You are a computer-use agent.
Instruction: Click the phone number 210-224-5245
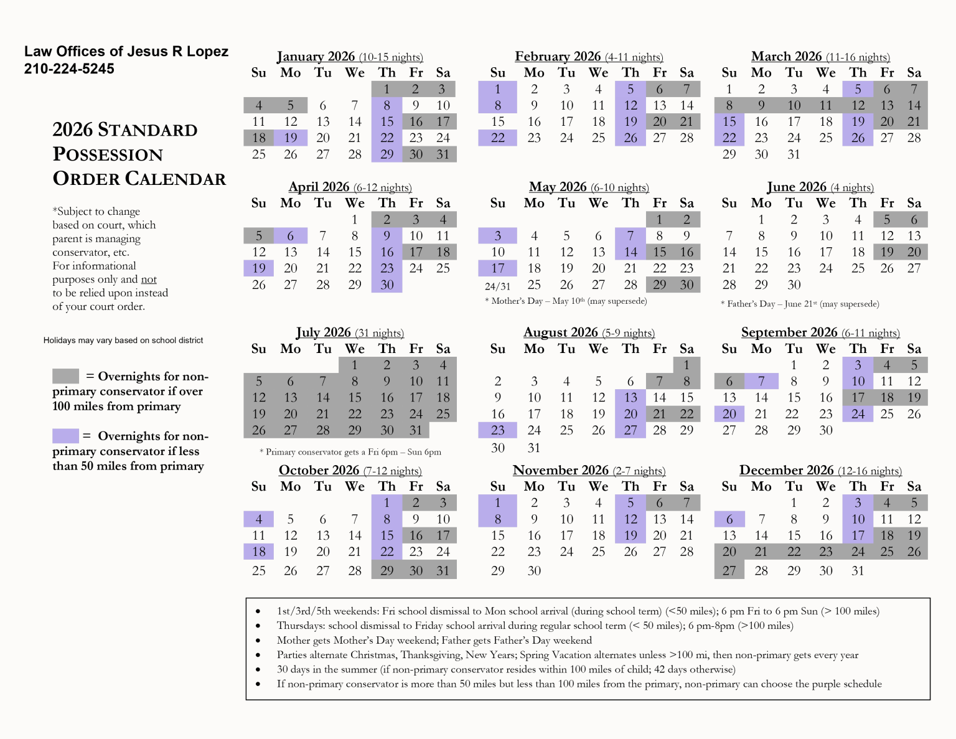[69, 69]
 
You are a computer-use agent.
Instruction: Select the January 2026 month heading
[350, 57]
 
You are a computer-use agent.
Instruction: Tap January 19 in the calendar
[291, 138]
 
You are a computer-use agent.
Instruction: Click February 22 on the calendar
[497, 138]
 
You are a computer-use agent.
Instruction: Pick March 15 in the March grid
[729, 121]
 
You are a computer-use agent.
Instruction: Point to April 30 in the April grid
[387, 285]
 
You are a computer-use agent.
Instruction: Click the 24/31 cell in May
[497, 286]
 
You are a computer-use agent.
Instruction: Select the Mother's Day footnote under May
[566, 301]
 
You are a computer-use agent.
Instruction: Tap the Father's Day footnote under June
[800, 304]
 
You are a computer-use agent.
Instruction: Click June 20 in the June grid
[914, 252]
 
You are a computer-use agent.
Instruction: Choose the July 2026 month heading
[350, 333]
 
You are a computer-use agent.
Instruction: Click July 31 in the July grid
[416, 430]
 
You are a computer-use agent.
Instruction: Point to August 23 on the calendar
[497, 430]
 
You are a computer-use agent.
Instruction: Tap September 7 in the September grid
[761, 381]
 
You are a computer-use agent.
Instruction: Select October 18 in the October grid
[259, 552]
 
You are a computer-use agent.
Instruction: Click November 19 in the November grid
[630, 535]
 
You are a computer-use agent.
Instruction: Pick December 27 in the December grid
[729, 570]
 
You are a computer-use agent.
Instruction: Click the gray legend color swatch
[65, 376]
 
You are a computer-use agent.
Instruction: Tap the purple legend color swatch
[65, 436]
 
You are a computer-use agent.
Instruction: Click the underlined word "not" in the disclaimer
[149, 280]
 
